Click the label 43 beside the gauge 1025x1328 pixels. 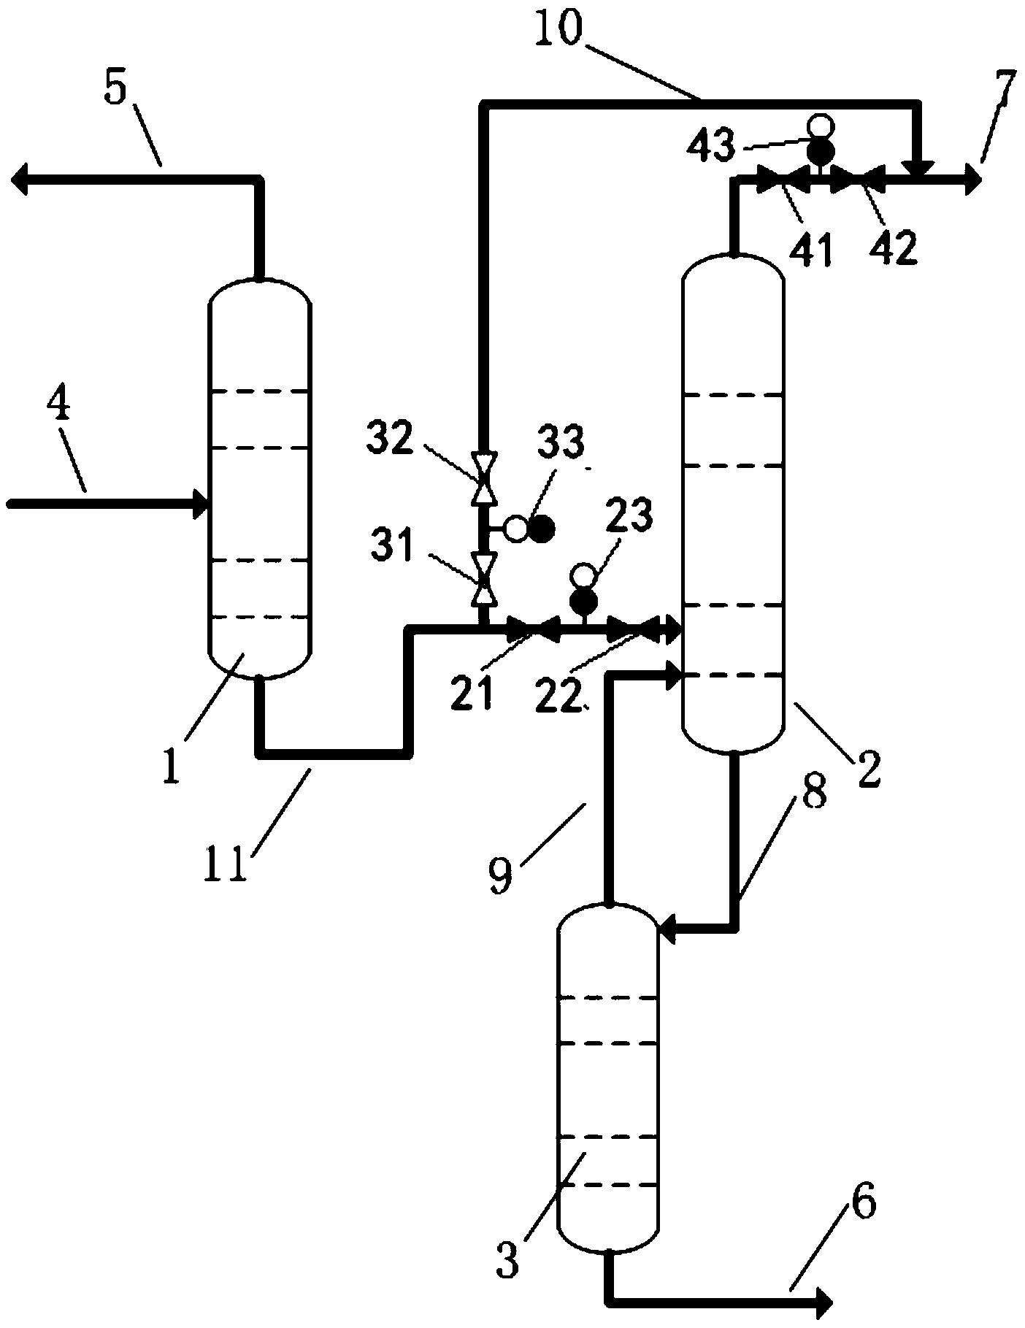click(710, 147)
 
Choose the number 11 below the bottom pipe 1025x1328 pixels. click(227, 863)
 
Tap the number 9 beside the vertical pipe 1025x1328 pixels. click(501, 874)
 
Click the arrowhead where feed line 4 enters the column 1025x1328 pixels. click(201, 504)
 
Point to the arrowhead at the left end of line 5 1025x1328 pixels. click(20, 180)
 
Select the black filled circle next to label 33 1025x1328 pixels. click(541, 529)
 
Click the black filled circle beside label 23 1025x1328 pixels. click(583, 601)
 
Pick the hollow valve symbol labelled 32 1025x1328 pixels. click(483, 478)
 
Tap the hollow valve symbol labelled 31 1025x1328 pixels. click(483, 578)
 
